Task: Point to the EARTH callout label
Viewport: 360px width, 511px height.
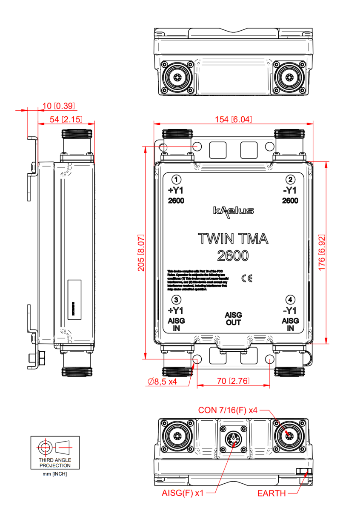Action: [271, 494]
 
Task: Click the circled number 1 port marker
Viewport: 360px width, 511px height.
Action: [176, 179]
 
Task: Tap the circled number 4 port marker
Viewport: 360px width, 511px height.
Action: [290, 300]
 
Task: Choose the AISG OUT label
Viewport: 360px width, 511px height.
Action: [233, 319]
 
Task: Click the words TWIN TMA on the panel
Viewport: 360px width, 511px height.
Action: [233, 239]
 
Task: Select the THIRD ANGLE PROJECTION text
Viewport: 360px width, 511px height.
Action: [55, 463]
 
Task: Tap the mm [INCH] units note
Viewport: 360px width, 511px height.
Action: [55, 474]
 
